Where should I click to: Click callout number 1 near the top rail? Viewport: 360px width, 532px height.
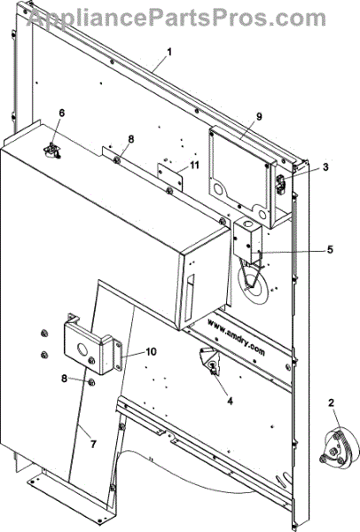[169, 52]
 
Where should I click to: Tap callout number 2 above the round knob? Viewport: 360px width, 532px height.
[331, 403]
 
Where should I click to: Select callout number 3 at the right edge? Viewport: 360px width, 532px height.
[325, 167]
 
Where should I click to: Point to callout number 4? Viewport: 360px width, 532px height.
[230, 401]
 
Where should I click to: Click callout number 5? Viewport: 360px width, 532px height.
[330, 250]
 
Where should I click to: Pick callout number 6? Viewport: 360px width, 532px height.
[61, 113]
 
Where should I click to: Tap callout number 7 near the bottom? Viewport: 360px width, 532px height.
[93, 443]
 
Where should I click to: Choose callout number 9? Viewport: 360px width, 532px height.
[259, 117]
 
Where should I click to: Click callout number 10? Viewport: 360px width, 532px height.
[152, 352]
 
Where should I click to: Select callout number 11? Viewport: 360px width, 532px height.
[194, 165]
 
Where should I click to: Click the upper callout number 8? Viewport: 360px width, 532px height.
[131, 139]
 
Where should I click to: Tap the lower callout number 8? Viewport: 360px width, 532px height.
[64, 378]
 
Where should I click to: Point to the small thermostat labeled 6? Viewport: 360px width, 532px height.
[51, 151]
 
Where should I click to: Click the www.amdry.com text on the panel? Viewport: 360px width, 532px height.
[237, 337]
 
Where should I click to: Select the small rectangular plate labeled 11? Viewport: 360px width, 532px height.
[169, 176]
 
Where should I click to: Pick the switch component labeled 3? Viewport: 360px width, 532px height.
[281, 184]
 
